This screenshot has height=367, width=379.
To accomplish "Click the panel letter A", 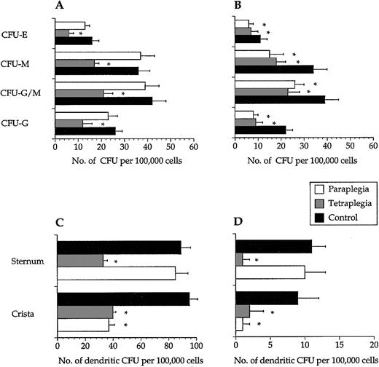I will coord(59,7).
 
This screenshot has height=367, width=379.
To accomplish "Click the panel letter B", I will coord(238,7).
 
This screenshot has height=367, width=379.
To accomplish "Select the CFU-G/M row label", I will coord(26,94).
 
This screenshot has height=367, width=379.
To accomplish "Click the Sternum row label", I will coord(24,259).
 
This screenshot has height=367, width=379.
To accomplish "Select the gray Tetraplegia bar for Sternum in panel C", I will coord(80,260).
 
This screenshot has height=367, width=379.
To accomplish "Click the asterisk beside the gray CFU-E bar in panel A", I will coord(80,34).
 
